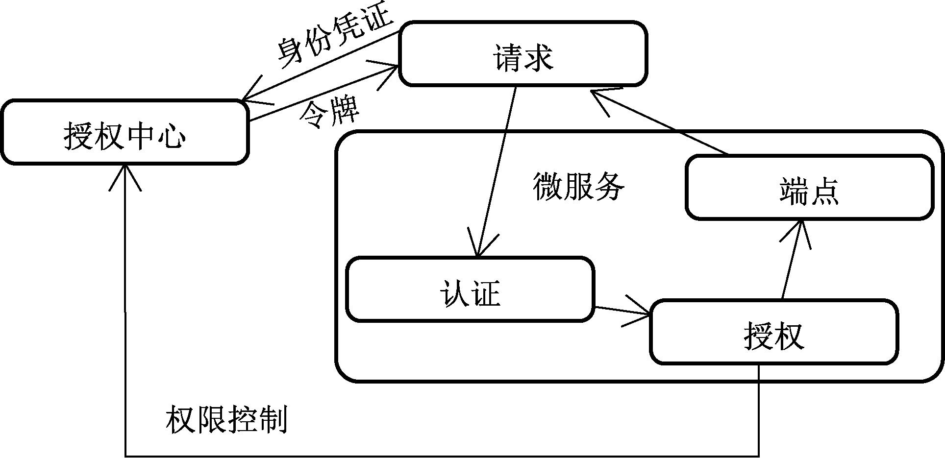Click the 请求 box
point(523,54)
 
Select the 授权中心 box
point(124,132)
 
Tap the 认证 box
point(470,289)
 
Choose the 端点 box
point(809,187)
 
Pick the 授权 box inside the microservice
point(774,333)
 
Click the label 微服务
point(578,187)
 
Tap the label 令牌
point(329,114)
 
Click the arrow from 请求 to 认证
point(496,171)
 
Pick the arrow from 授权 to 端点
point(791,260)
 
